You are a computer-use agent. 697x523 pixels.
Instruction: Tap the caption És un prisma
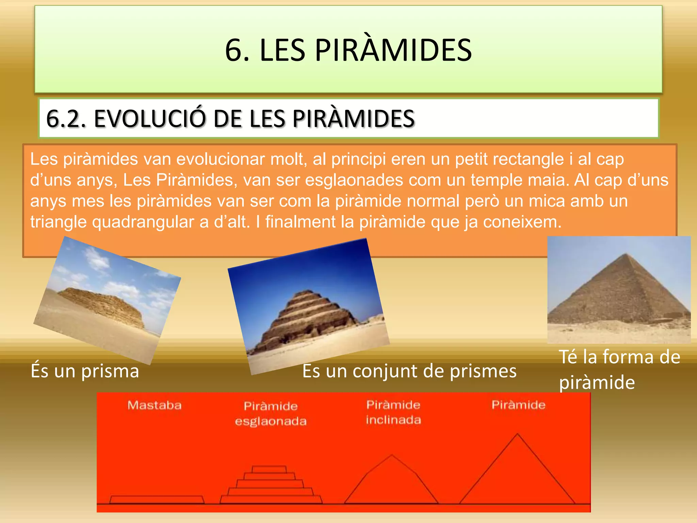85,371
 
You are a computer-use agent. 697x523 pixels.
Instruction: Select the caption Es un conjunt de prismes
409,371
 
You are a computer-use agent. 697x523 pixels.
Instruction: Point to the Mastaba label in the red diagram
155,405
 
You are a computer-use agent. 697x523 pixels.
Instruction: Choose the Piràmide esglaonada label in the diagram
271,413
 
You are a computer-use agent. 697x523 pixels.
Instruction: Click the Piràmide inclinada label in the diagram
393,412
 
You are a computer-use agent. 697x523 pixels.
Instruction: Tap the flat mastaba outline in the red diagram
157,500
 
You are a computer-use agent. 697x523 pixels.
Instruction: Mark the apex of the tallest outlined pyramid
518,434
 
